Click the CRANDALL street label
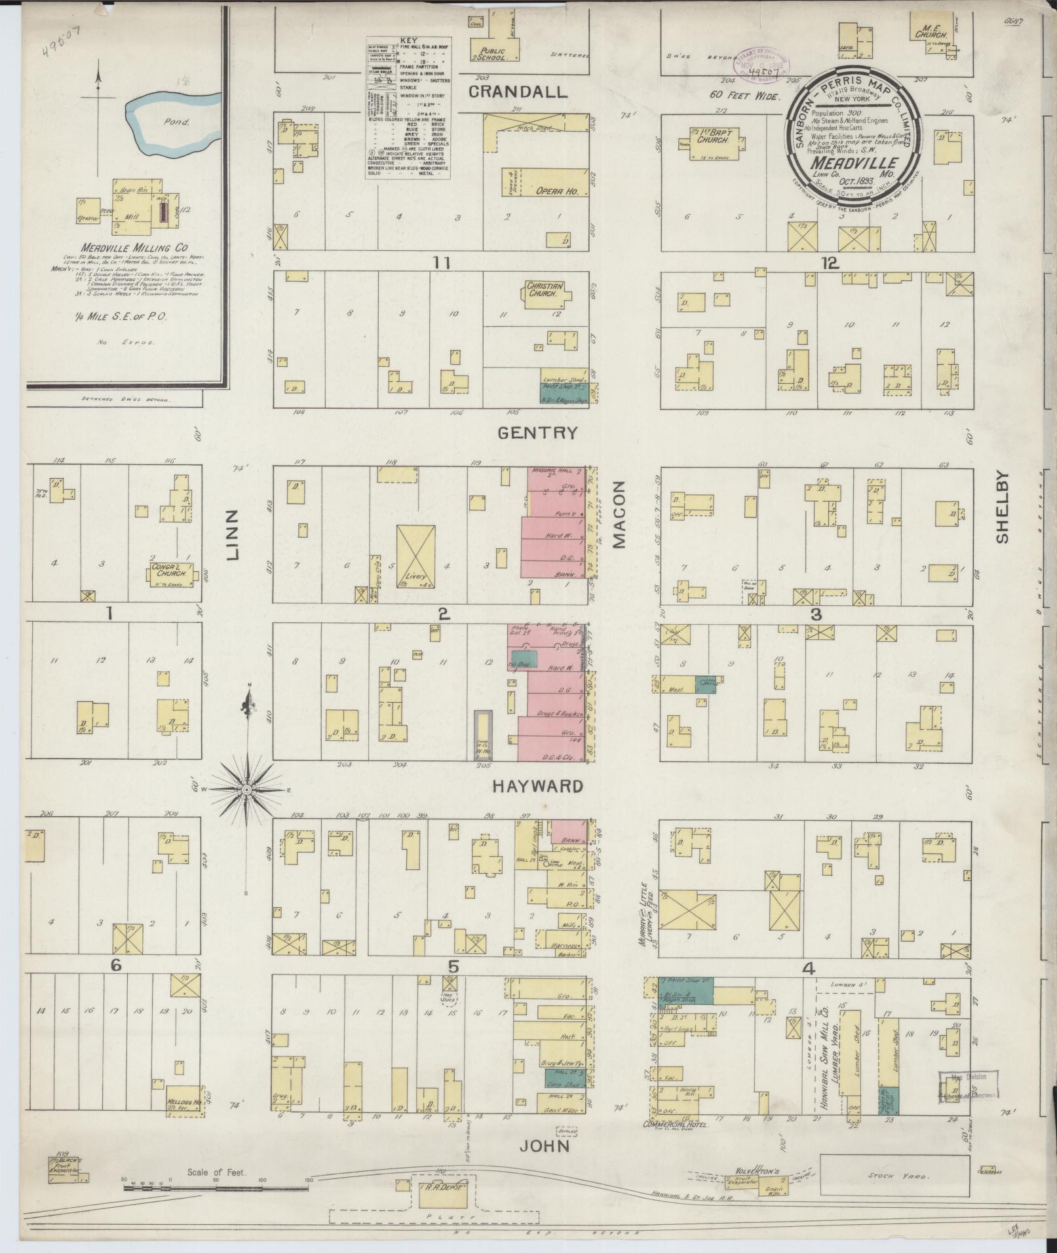click(x=517, y=92)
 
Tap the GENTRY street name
click(x=537, y=433)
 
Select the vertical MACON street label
click(x=620, y=514)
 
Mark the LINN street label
click(x=235, y=536)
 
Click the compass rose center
click(x=247, y=791)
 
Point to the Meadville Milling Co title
click(x=134, y=248)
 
